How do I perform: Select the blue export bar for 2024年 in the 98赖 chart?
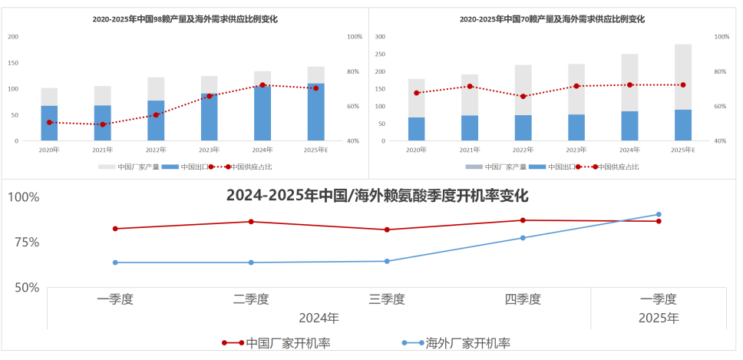point(263,113)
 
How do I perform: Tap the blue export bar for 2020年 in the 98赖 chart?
point(49,124)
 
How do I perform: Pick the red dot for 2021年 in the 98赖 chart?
point(103,124)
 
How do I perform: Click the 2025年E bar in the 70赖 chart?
point(683,92)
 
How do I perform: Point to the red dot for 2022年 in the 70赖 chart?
point(523,97)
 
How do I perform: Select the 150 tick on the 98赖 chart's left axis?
point(13,71)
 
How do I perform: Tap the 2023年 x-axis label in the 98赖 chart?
point(210,150)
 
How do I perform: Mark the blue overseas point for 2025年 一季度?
point(659,214)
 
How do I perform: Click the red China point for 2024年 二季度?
point(251,222)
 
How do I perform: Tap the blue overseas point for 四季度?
point(523,238)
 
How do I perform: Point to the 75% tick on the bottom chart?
point(23,243)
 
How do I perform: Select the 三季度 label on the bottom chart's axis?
point(387,299)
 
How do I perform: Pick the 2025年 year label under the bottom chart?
point(659,317)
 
